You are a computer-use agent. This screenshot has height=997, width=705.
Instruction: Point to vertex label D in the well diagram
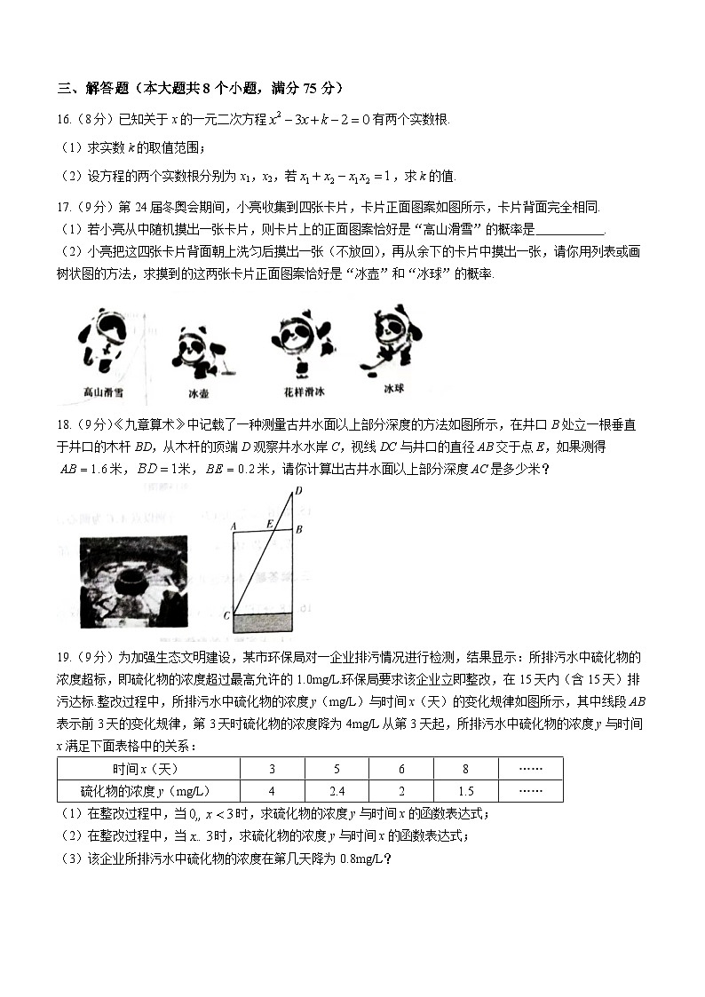coord(298,491)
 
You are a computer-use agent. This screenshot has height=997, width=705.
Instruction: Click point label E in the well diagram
coord(270,524)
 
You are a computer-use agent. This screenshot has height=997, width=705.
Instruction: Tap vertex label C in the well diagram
coord(226,614)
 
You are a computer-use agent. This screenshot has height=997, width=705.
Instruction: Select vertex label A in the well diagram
coord(232,525)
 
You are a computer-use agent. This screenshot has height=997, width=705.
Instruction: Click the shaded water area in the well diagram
coord(263,621)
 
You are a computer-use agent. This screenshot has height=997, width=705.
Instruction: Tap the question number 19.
coord(64,657)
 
